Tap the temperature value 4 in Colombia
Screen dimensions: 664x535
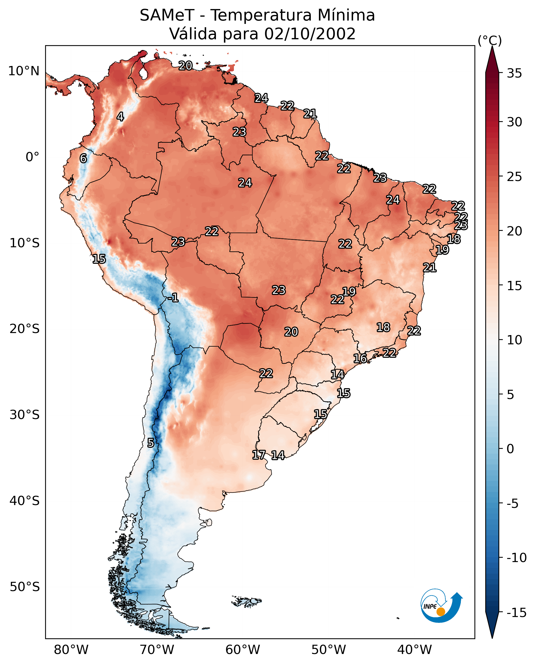pyautogui.click(x=120, y=117)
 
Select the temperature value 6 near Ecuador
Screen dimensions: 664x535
pyautogui.click(x=83, y=158)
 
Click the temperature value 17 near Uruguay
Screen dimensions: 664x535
pyautogui.click(x=259, y=454)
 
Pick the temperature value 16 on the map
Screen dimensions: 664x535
pyautogui.click(x=360, y=358)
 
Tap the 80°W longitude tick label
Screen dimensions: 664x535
pyautogui.click(x=71, y=650)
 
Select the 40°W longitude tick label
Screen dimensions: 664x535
pyautogui.click(x=414, y=650)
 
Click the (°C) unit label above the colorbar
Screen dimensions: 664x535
pyautogui.click(x=490, y=40)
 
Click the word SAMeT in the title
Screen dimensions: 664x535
pyautogui.click(x=167, y=15)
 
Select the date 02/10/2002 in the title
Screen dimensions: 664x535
pyautogui.click(x=310, y=34)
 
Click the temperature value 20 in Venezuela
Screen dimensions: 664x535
pyautogui.click(x=185, y=65)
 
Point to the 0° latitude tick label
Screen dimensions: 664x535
pyautogui.click(x=32, y=157)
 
